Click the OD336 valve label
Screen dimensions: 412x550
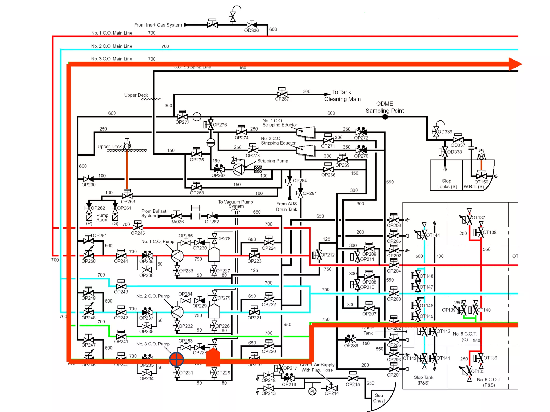pyautogui.click(x=251, y=30)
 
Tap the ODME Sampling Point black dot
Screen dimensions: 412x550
pyautogui.click(x=385, y=117)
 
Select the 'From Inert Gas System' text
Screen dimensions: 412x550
pyautogui.click(x=158, y=25)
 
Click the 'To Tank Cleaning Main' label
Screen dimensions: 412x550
pyautogui.click(x=342, y=95)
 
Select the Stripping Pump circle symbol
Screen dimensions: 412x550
pyautogui.click(x=238, y=169)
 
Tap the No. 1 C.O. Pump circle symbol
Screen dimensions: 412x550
pyautogui.click(x=177, y=256)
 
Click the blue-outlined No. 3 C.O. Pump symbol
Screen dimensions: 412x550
pyautogui.click(x=176, y=359)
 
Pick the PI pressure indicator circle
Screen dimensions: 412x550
pyautogui.click(x=312, y=391)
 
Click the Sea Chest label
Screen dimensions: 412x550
pyautogui.click(x=379, y=398)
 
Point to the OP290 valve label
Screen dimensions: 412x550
pyautogui.click(x=88, y=185)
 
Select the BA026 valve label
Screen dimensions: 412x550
pyautogui.click(x=177, y=222)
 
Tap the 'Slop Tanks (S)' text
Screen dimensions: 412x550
pyautogui.click(x=447, y=184)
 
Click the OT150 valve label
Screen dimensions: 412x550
pyautogui.click(x=481, y=182)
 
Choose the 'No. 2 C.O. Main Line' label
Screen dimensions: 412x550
pyautogui.click(x=111, y=46)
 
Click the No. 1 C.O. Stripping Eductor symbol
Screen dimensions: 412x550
pyautogui.click(x=305, y=132)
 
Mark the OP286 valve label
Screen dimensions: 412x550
pyautogui.click(x=351, y=346)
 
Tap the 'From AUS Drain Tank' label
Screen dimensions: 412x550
pyautogui.click(x=287, y=207)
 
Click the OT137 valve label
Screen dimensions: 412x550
pyautogui.click(x=478, y=218)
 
